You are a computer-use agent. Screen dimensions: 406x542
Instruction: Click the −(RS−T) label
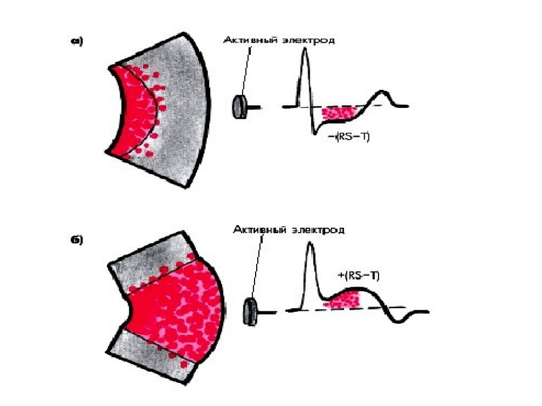(x=349, y=136)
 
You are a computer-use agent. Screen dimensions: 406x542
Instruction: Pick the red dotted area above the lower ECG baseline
(x=345, y=299)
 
